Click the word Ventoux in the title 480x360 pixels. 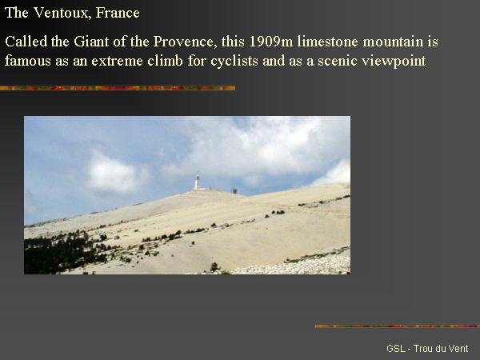click(x=61, y=13)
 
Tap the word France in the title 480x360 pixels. click(x=118, y=13)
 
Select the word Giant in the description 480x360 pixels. click(x=91, y=42)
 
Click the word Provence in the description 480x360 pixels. click(x=182, y=42)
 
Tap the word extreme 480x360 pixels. click(x=117, y=61)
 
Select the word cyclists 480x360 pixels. click(x=234, y=61)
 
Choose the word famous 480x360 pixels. click(x=27, y=61)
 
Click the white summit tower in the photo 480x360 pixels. click(x=198, y=182)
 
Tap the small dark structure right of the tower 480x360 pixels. click(x=234, y=191)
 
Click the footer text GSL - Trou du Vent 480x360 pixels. click(x=427, y=348)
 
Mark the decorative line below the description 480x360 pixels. click(x=118, y=88)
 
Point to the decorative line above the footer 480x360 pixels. click(x=398, y=326)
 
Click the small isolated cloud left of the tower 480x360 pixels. click(x=114, y=174)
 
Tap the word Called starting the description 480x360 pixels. click(x=26, y=42)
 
